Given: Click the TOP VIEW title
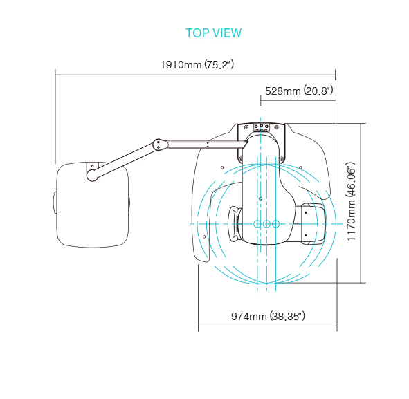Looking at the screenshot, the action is [x=213, y=33].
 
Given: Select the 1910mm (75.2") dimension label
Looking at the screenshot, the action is [x=197, y=64].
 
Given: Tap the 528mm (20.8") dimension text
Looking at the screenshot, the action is [x=299, y=91].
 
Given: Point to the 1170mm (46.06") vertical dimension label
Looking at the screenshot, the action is [x=351, y=201].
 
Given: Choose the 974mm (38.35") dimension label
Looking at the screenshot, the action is [x=268, y=317].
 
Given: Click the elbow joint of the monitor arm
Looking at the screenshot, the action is [x=159, y=145].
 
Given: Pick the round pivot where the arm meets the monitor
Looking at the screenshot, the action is [x=92, y=175].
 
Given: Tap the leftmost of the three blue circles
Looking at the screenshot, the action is [x=257, y=223].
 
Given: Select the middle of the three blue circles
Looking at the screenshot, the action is [x=266, y=223].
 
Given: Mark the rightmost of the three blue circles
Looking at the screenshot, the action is [x=275, y=223].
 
